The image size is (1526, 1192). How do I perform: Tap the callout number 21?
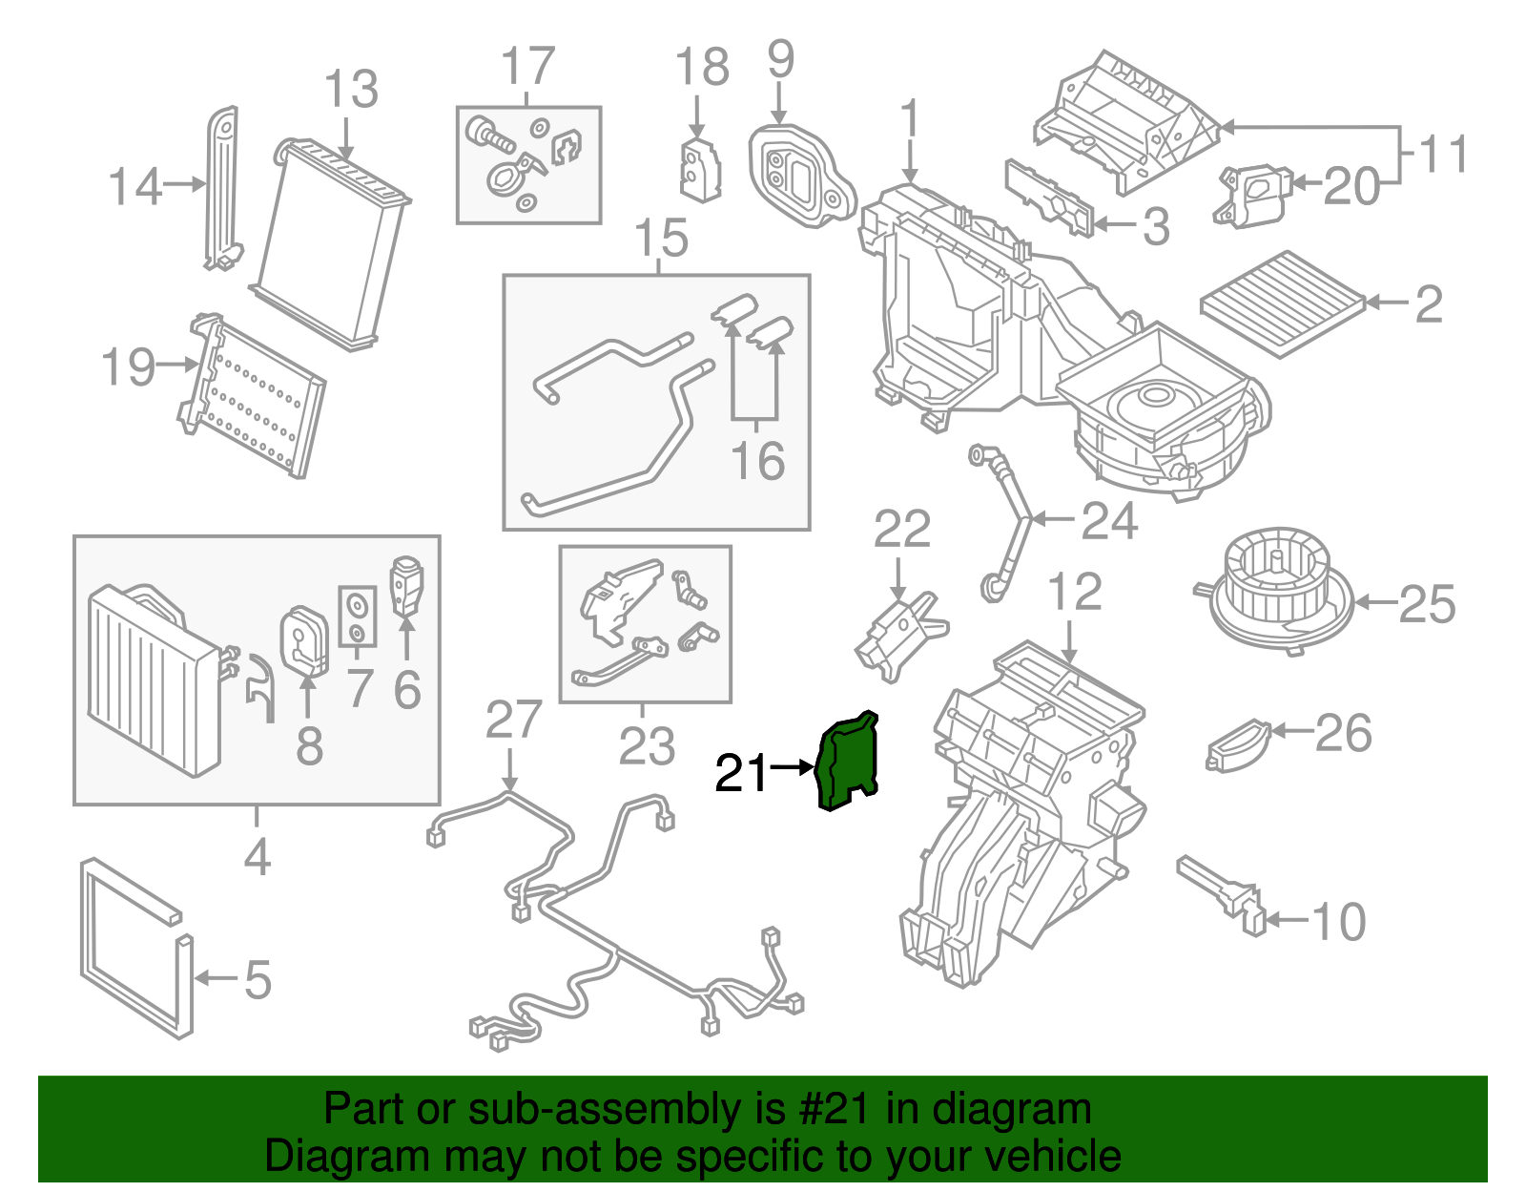[741, 773]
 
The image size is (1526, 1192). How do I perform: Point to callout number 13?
[351, 91]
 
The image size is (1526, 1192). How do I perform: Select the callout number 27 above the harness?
[513, 721]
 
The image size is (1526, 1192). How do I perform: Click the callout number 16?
[757, 461]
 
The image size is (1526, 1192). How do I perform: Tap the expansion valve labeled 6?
[407, 585]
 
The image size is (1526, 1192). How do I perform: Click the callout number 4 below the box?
[257, 857]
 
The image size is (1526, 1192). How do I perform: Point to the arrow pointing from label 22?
[897, 579]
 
